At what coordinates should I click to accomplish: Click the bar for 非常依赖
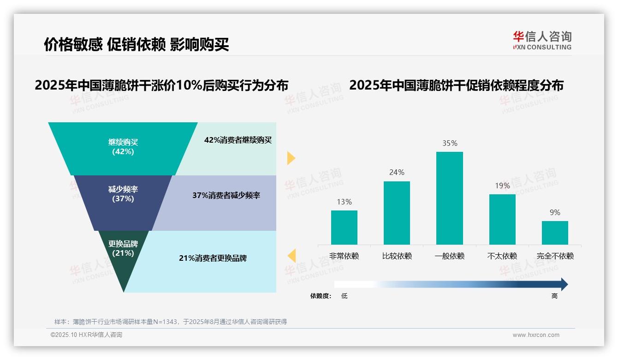tap(344, 228)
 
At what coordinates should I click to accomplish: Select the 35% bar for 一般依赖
tap(450, 198)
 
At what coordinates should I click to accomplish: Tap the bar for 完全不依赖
tap(555, 233)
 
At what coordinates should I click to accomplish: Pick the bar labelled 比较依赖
tap(397, 213)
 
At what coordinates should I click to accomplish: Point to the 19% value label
tap(502, 186)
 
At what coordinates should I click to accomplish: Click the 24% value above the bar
tap(397, 172)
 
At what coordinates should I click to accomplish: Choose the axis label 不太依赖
tap(502, 256)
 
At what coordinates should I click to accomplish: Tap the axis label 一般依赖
tap(450, 256)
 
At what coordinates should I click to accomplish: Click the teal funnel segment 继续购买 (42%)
tap(123, 147)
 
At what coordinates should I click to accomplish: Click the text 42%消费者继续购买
tap(238, 140)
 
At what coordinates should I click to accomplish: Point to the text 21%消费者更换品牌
tap(213, 258)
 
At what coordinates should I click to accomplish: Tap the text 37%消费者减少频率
tap(226, 196)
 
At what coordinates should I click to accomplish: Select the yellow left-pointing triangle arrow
tap(291, 256)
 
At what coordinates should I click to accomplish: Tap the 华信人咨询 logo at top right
tap(542, 40)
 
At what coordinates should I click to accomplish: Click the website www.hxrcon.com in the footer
tap(536, 335)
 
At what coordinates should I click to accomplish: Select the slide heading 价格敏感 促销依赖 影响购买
tap(137, 44)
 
